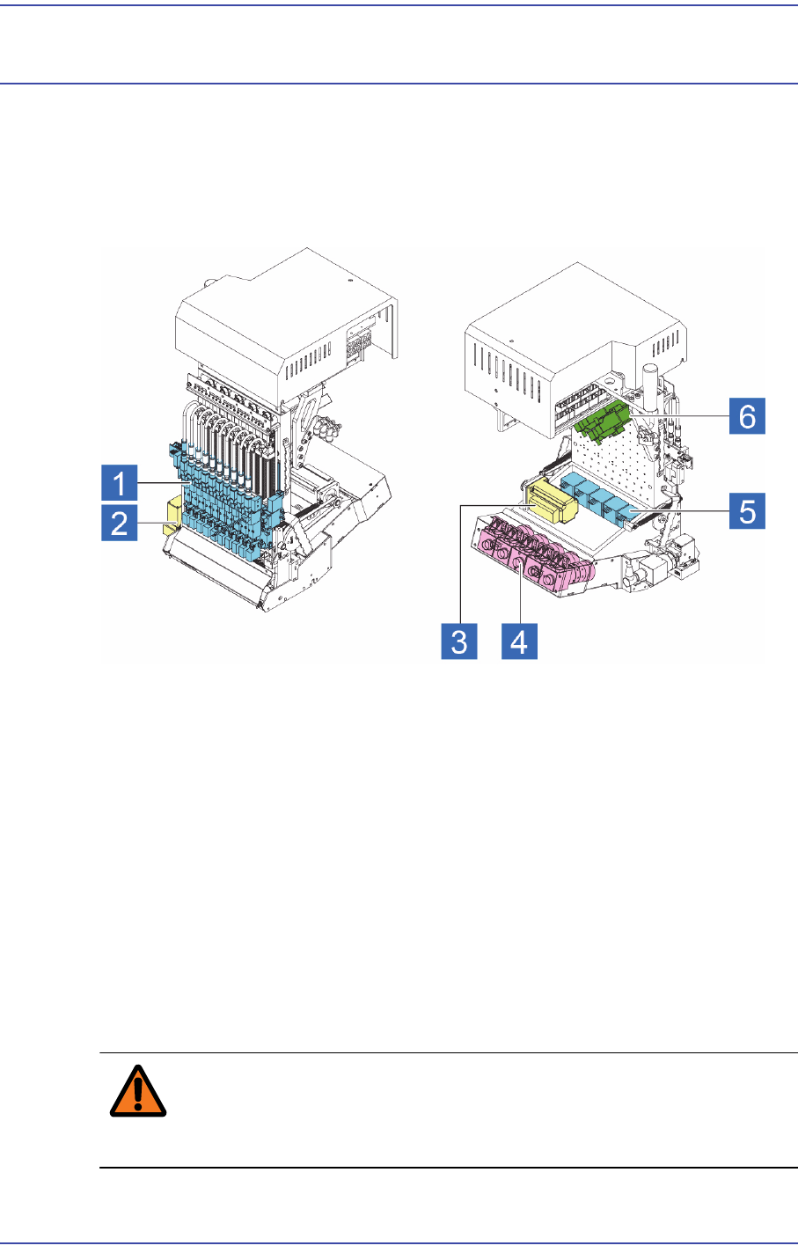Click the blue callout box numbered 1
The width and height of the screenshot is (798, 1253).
click(x=119, y=484)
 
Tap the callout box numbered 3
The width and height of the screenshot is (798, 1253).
click(x=459, y=641)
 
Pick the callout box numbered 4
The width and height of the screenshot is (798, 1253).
click(x=519, y=641)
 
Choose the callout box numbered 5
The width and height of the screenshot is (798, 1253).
click(x=747, y=510)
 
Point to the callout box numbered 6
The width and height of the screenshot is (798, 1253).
click(x=747, y=414)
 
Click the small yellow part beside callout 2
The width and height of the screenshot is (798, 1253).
click(x=172, y=517)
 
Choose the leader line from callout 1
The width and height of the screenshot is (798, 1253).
click(x=163, y=484)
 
